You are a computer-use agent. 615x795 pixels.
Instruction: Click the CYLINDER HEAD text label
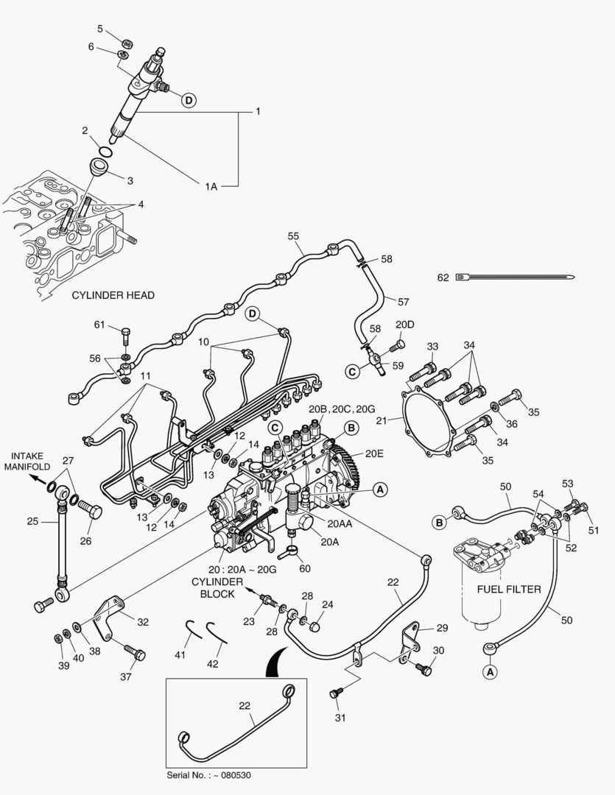[113, 295]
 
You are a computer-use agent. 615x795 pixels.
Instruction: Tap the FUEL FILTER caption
[509, 589]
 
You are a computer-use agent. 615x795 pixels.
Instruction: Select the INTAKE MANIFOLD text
[27, 460]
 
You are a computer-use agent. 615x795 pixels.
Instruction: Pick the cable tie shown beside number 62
[516, 278]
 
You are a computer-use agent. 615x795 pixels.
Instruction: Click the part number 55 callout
[293, 236]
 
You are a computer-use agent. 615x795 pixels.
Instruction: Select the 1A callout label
[211, 187]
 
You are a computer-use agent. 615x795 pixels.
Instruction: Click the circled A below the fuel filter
[488, 671]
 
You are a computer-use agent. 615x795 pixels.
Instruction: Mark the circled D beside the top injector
[189, 100]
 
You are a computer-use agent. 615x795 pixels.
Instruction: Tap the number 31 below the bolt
[340, 717]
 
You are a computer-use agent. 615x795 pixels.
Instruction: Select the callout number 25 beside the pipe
[32, 522]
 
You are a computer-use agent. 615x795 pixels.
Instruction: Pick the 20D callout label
[404, 325]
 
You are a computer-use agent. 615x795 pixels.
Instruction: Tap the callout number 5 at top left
[100, 29]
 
